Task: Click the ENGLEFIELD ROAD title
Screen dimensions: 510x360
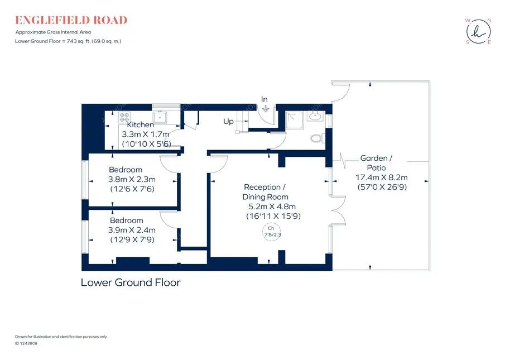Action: click(71, 20)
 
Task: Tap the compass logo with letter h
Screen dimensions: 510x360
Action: click(478, 32)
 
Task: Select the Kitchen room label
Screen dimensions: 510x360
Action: click(140, 124)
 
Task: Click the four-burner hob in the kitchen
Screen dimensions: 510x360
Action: click(124, 117)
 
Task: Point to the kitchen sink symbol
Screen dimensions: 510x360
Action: click(160, 117)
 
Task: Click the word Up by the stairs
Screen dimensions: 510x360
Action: click(228, 122)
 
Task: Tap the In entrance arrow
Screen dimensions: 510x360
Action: click(266, 108)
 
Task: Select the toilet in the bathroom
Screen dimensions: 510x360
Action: click(317, 138)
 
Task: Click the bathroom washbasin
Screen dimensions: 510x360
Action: click(315, 116)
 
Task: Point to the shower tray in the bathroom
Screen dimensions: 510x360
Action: click(295, 121)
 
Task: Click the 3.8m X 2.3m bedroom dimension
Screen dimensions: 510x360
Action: click(132, 179)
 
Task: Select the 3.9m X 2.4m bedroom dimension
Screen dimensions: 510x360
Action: click(132, 230)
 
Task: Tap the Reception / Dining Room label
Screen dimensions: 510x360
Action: click(265, 192)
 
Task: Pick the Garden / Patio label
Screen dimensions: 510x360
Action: click(376, 163)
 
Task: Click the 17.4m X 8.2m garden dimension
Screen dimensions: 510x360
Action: click(382, 177)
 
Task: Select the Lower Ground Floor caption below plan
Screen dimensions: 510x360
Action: click(131, 282)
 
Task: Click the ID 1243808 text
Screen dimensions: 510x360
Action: click(26, 343)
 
